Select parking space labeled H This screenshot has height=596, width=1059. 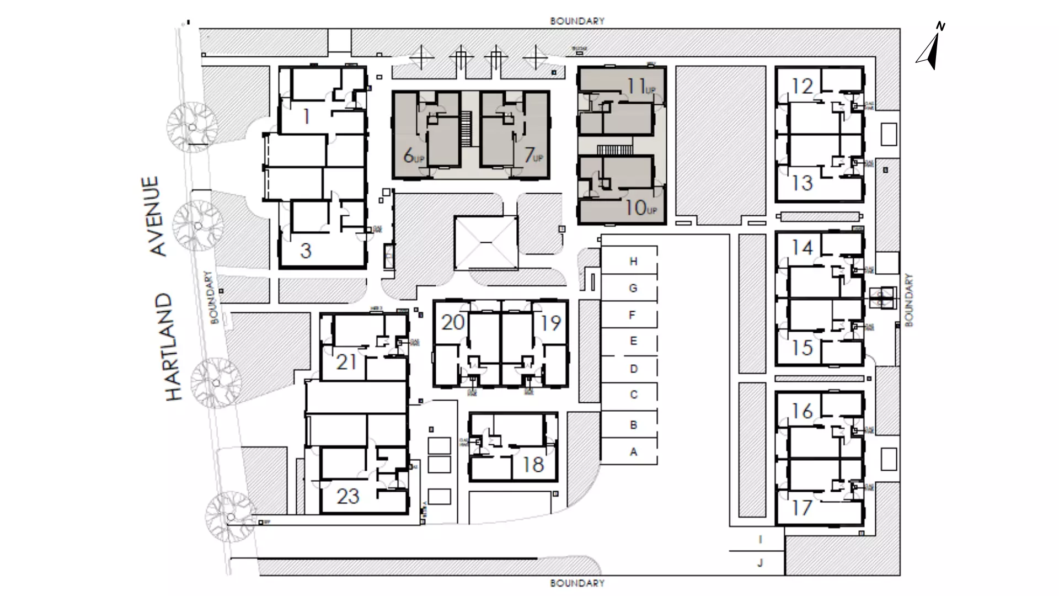633,261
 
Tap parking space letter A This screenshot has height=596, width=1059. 633,452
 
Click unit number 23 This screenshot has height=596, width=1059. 347,496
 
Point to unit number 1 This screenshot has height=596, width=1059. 307,116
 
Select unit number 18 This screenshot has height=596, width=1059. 533,465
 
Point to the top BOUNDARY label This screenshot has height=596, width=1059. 577,21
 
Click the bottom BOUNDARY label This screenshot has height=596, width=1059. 577,583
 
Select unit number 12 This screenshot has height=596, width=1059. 803,87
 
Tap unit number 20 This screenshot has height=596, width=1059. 453,322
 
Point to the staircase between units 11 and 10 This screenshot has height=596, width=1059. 615,149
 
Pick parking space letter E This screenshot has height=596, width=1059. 633,341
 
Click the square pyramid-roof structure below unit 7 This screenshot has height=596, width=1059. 486,243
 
